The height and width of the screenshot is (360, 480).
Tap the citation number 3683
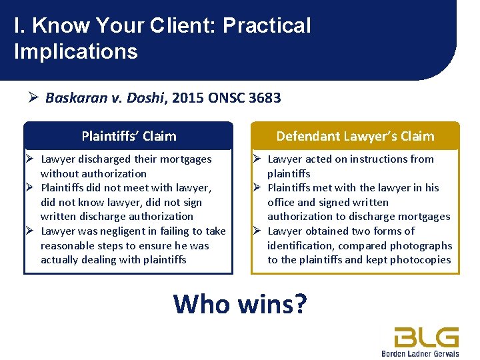tap(265, 98)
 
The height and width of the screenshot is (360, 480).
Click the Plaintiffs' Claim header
tap(129, 136)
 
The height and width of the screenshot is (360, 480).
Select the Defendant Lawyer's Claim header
tap(355, 136)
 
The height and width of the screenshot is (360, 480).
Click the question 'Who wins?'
tap(240, 303)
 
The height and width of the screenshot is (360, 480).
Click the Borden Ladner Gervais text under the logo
tap(420, 353)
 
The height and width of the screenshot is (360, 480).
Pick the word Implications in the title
tap(75, 51)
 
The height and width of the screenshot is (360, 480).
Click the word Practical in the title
tap(267, 25)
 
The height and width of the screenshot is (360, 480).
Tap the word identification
tap(300, 245)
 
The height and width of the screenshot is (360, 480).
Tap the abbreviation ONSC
tap(227, 98)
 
